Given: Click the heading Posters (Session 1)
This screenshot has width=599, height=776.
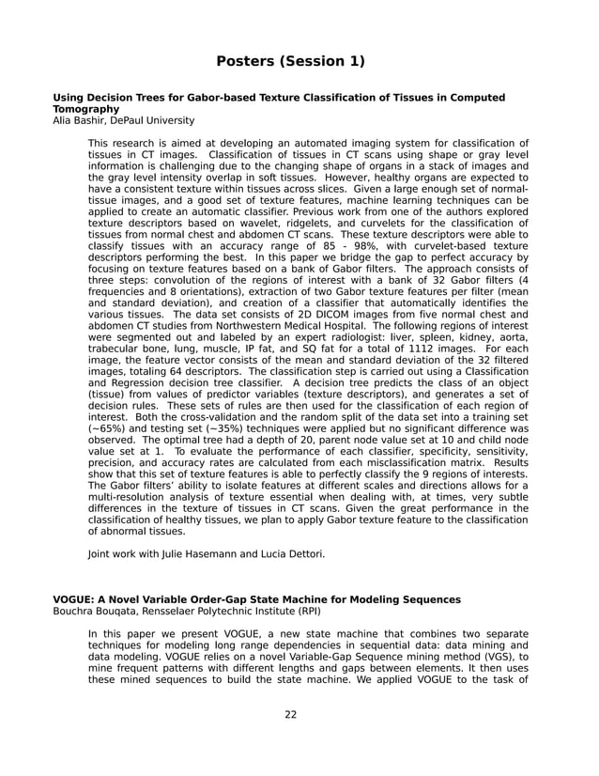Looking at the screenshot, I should pos(290,62).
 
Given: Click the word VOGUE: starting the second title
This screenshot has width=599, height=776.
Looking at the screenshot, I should pos(75,599).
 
